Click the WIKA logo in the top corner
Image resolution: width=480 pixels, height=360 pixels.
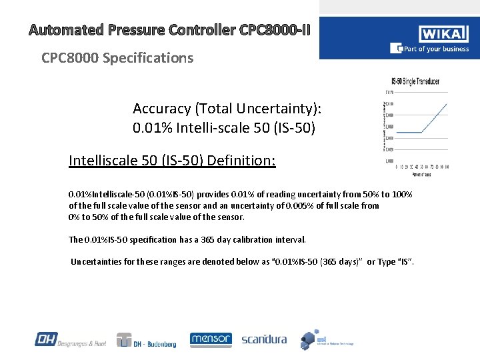(443, 34)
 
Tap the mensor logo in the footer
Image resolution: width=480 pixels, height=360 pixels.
(211, 339)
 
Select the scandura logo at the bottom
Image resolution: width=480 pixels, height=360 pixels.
(264, 339)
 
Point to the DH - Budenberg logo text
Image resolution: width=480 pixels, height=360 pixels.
(155, 344)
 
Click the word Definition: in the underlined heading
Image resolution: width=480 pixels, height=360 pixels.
(241, 161)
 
